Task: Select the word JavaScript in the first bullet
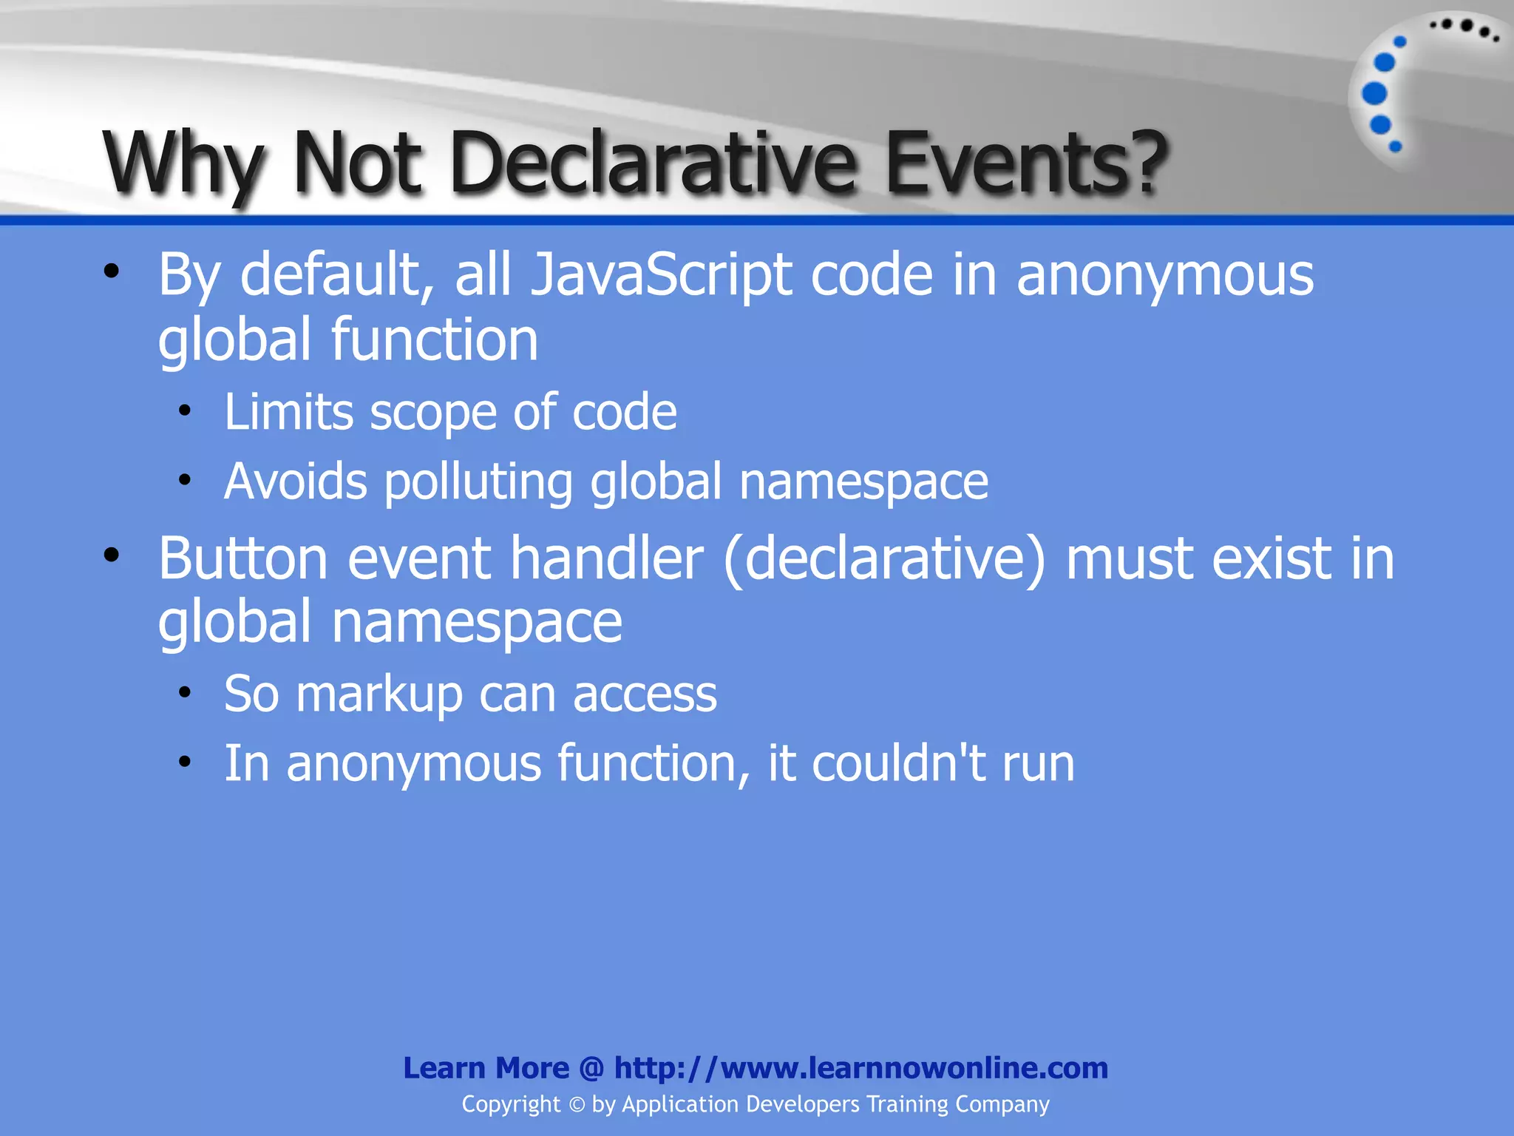tap(661, 275)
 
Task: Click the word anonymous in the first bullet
tap(1164, 275)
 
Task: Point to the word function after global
tap(434, 340)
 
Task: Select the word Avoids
tap(295, 481)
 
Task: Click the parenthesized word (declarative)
tap(884, 559)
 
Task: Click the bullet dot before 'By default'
tap(111, 271)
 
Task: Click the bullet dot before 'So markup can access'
tap(185, 693)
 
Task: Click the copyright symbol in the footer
tap(577, 1104)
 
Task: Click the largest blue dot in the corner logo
tap(1374, 94)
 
